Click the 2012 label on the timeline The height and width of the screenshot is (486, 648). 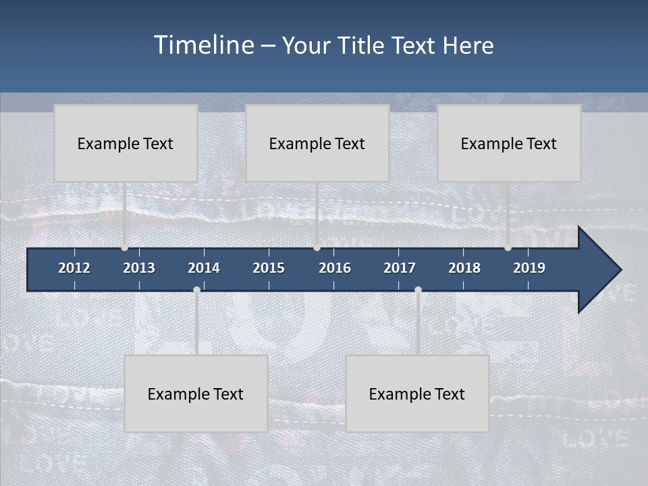[x=74, y=268]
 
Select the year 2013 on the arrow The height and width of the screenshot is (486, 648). [x=139, y=268]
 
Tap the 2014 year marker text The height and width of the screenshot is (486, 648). [x=204, y=268]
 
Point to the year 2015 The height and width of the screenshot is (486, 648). [x=269, y=268]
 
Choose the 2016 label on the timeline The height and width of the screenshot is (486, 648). [x=335, y=268]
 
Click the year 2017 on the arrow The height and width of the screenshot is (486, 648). [x=400, y=268]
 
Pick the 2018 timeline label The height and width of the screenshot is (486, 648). [x=464, y=268]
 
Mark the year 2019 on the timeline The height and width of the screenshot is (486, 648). [x=529, y=268]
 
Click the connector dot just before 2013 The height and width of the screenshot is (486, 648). [x=124, y=248]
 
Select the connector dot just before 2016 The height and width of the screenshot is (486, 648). [x=317, y=248]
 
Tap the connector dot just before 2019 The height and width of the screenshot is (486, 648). [x=508, y=248]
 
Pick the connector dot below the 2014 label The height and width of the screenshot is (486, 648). [x=196, y=290]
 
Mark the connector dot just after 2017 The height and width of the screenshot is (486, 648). [x=418, y=290]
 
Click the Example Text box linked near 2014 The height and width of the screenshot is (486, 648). [x=196, y=394]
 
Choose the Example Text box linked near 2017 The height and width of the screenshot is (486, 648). [x=416, y=394]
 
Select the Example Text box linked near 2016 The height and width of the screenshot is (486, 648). [x=317, y=143]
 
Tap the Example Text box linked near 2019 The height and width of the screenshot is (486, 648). [x=508, y=143]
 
